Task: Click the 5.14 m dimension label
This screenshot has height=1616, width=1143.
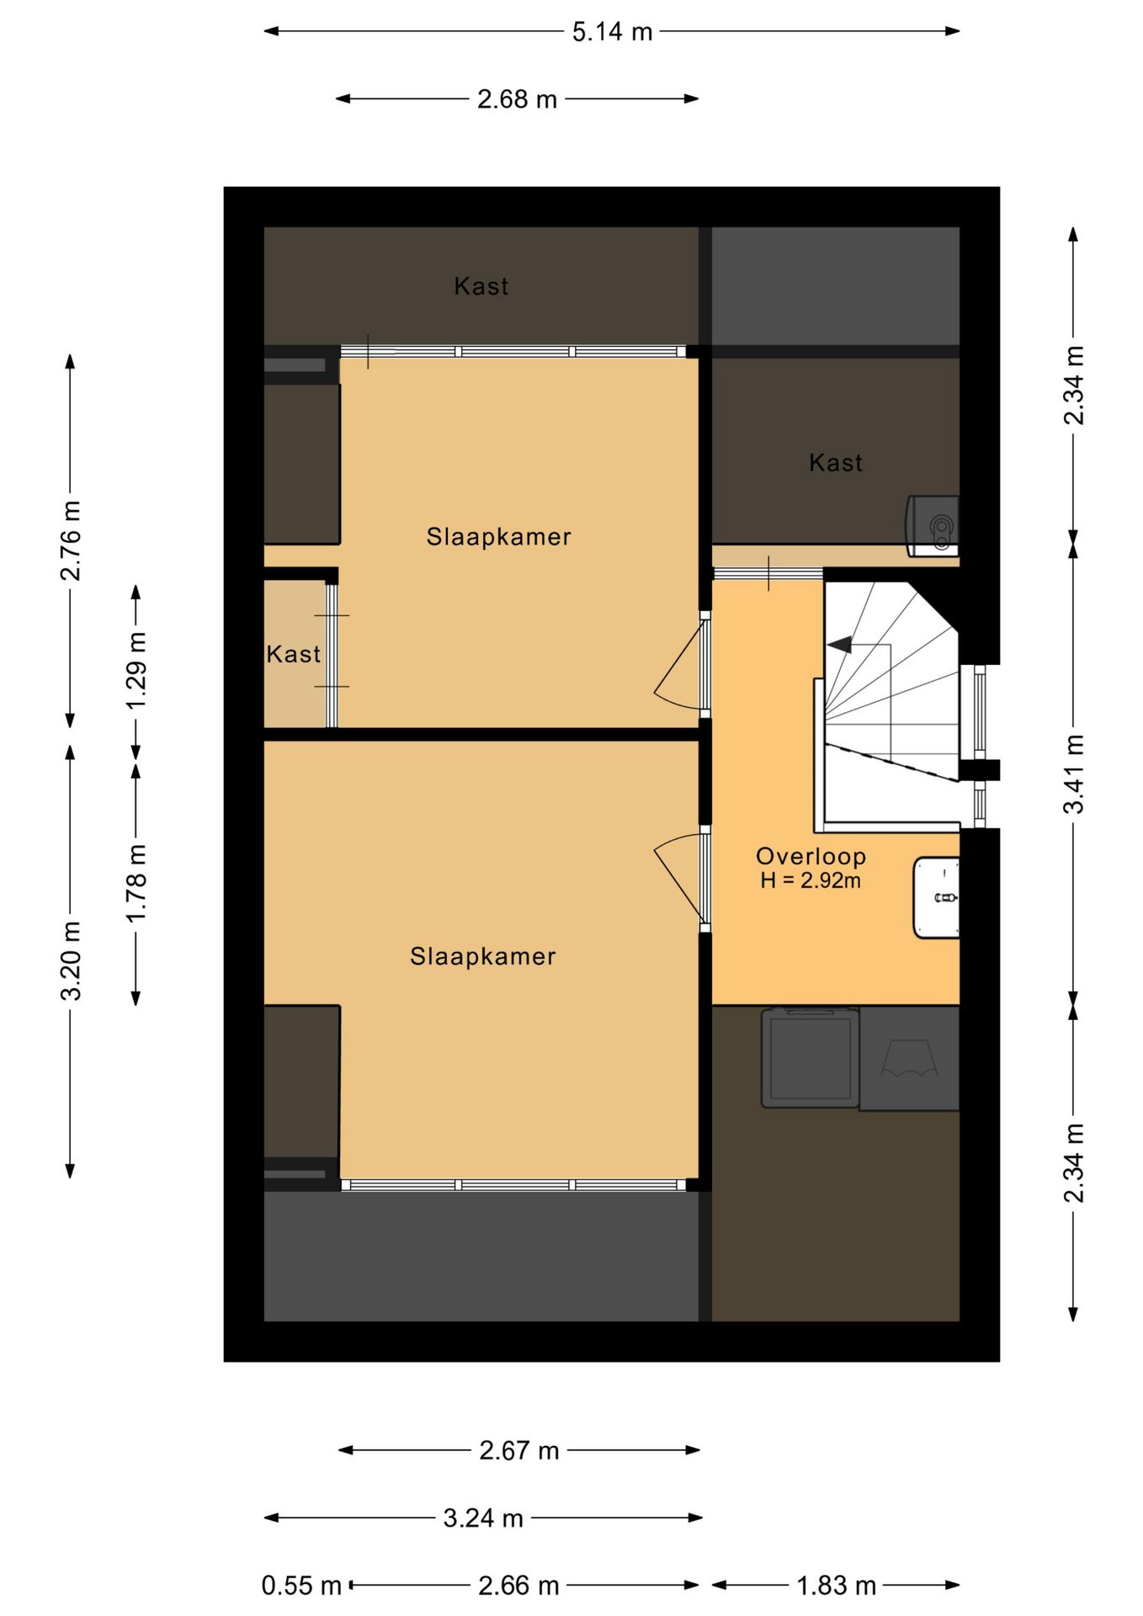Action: coord(612,32)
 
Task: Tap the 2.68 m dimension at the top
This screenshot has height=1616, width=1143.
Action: coord(517,99)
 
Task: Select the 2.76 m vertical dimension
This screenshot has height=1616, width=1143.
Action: coord(71,540)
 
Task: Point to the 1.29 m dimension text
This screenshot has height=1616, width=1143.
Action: coord(136,670)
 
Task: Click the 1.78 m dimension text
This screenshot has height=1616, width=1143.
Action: coord(136,883)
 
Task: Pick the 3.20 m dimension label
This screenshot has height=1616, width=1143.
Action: coord(71,960)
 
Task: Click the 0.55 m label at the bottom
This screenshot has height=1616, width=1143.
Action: coord(301,1586)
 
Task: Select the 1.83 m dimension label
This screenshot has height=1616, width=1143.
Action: coord(837,1586)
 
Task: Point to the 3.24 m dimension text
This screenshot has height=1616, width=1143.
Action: coord(483,1518)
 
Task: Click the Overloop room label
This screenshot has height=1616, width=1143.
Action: coord(811,856)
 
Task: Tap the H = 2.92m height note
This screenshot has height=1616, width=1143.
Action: coord(811,881)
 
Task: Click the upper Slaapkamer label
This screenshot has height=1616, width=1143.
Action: coord(498,536)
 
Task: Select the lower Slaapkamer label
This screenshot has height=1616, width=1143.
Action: coord(482,956)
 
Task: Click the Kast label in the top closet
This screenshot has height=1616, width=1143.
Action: coord(481,286)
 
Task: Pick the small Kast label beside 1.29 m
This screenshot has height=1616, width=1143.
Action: coord(293,654)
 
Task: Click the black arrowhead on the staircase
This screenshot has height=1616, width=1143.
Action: coord(839,646)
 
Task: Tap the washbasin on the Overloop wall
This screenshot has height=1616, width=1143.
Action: coord(936,898)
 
